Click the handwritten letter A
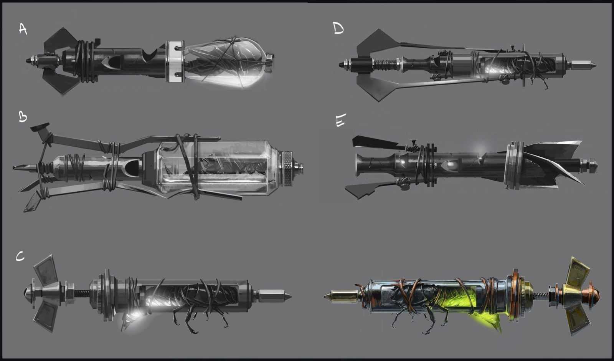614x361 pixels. tap(23, 29)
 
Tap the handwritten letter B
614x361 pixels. tap(23, 116)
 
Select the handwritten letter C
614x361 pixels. tap(20, 257)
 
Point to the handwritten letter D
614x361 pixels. tap(338, 28)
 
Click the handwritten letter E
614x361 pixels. tap(341, 120)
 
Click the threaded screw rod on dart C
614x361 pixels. tap(82, 293)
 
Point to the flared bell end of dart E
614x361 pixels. tap(361, 165)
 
